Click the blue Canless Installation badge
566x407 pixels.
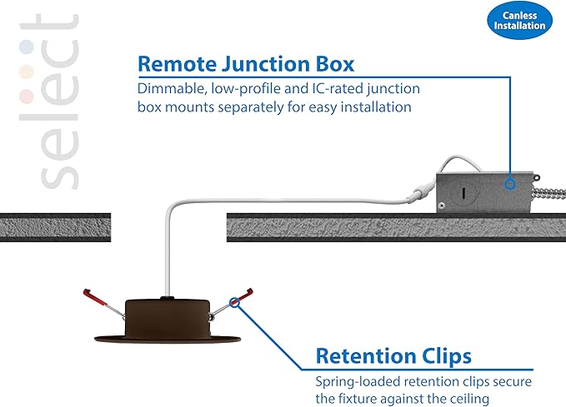(x=519, y=20)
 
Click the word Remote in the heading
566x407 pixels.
(x=177, y=64)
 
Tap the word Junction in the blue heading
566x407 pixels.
(x=265, y=64)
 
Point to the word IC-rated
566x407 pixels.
(x=337, y=89)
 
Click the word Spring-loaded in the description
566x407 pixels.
(x=358, y=382)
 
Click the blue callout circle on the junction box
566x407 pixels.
(x=510, y=184)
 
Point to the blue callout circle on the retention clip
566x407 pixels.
(x=234, y=302)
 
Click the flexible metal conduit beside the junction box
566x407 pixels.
(x=550, y=193)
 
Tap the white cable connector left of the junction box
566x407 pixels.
(x=419, y=193)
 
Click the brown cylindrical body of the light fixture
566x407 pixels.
(x=167, y=317)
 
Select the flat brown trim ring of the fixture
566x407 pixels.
(x=167, y=340)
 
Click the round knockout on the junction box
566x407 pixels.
(x=463, y=193)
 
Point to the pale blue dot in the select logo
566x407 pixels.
(x=27, y=47)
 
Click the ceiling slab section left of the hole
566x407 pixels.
(x=55, y=227)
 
